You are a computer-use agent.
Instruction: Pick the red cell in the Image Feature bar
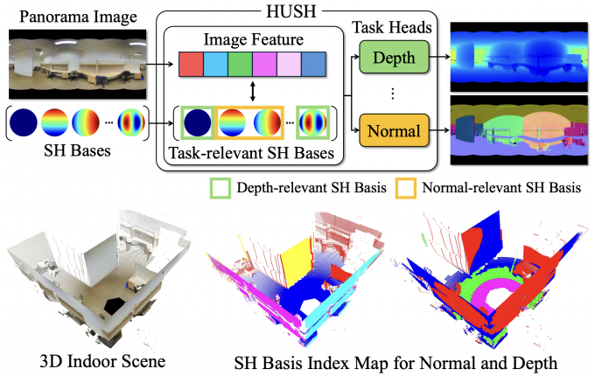click(x=191, y=64)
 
